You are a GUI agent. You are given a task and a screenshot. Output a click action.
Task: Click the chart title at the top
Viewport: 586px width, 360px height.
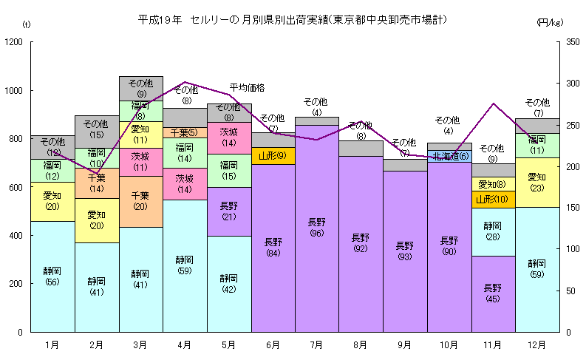coord(293,18)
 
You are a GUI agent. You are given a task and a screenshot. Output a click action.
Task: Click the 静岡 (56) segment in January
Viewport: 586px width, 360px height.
coord(52,276)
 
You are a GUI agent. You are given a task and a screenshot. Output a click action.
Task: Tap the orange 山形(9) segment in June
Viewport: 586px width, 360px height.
coord(273,156)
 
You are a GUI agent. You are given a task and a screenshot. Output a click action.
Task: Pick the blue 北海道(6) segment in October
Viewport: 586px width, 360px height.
coord(450,156)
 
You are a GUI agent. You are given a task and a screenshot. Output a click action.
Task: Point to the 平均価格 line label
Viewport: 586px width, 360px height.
coord(247,87)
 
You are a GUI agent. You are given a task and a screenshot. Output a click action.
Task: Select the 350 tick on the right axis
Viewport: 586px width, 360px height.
coord(571,42)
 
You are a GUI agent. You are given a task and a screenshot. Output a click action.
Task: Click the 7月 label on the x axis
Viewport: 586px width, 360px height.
coord(317,344)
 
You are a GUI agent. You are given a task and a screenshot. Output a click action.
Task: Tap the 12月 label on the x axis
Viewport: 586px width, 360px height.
coord(537,344)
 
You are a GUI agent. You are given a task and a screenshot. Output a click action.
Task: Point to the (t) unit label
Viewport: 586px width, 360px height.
coord(27,24)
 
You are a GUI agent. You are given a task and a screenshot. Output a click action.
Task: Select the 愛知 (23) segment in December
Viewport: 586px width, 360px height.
coord(537,182)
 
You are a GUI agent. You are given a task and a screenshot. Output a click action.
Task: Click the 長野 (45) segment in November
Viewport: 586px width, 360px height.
coord(493,293)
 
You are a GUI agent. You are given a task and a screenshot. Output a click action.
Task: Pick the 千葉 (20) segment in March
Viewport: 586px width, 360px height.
coord(140,201)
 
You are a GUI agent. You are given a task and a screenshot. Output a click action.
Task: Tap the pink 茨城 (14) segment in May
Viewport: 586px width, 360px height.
coord(229,137)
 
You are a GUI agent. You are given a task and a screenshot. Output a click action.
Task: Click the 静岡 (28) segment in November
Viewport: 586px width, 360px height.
coord(493,231)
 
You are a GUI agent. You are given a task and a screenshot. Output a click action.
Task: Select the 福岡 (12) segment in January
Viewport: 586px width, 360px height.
coord(52,170)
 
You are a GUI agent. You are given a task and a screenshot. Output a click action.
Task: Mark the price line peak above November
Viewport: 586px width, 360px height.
coord(493,103)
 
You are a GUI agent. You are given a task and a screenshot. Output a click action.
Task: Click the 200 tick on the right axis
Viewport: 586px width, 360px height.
coord(571,167)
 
